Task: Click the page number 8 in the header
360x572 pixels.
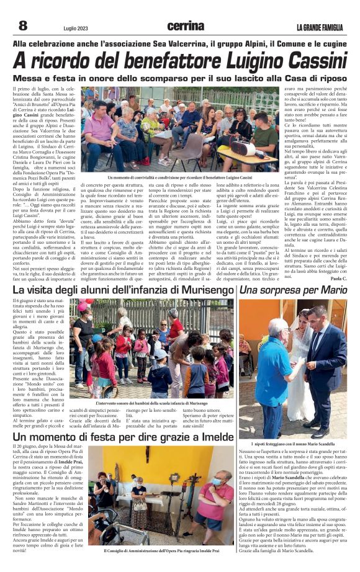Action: (23, 25)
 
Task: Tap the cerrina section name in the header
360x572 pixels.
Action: (185, 26)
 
